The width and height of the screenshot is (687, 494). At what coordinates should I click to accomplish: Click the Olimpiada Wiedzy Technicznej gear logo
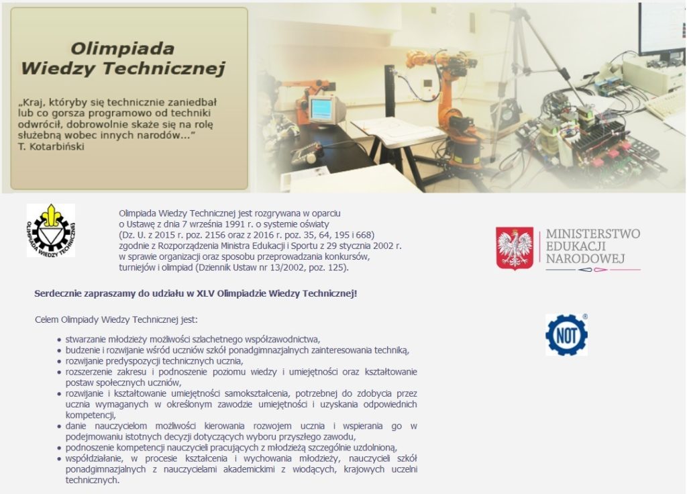[x=51, y=230]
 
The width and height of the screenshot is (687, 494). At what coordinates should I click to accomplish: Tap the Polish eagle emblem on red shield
[x=515, y=248]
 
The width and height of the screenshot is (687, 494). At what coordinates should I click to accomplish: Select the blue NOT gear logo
[x=566, y=335]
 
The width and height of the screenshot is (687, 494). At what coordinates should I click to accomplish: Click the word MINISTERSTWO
[x=593, y=234]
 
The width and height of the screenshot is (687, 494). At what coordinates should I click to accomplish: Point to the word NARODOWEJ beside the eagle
[x=585, y=258]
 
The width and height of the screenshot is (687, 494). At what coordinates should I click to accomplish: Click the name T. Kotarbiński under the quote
[x=51, y=146]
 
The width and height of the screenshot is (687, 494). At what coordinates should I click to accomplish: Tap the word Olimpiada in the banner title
[x=123, y=48]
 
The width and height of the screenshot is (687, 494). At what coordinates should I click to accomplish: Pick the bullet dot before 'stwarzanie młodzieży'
[x=59, y=340]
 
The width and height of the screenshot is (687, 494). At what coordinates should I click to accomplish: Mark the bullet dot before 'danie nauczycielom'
[x=59, y=426]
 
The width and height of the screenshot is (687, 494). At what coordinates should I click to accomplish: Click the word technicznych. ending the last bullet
[x=93, y=480]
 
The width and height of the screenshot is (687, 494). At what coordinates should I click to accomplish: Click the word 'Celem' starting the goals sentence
[x=46, y=319]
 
